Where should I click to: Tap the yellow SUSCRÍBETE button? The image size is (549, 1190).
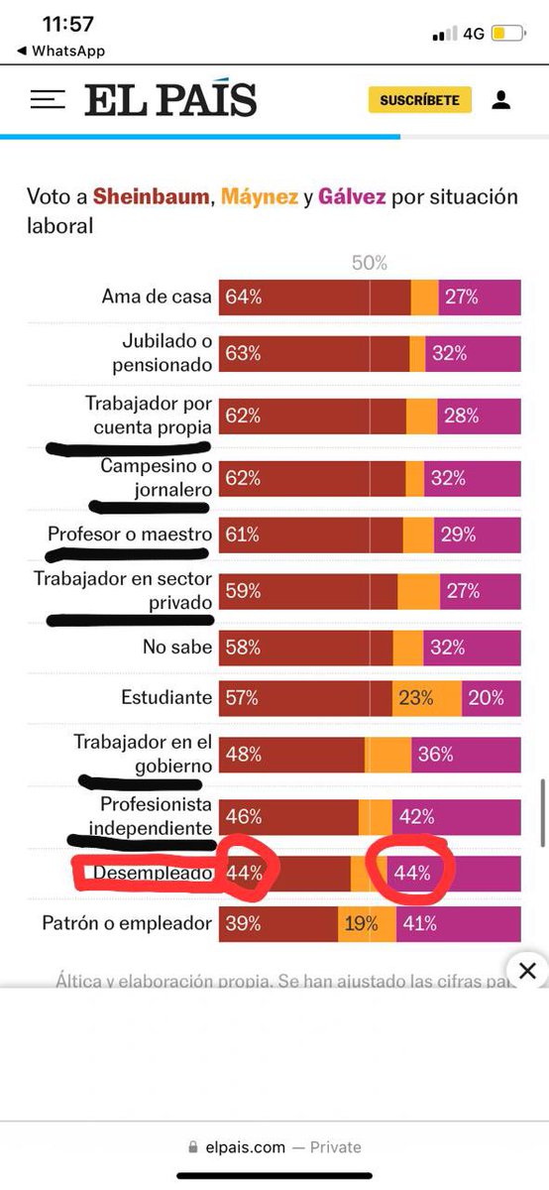tap(419, 100)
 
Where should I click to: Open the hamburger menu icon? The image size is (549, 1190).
tap(48, 100)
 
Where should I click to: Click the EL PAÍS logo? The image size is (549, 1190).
tap(170, 100)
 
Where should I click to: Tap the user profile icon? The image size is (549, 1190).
tap(500, 100)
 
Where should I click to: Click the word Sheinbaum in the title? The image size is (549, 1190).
tap(151, 196)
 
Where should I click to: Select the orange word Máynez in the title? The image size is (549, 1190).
tap(259, 196)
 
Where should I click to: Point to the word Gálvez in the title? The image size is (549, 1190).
tap(352, 196)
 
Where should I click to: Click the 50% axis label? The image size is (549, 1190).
tap(370, 263)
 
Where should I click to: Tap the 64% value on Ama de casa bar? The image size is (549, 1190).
tap(243, 297)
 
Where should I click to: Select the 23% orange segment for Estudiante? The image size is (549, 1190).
tap(416, 697)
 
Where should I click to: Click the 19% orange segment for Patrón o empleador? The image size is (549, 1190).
tap(361, 923)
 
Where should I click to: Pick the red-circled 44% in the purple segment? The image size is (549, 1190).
tap(412, 874)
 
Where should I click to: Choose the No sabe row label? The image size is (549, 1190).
tap(177, 648)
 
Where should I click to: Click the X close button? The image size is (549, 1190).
tap(528, 969)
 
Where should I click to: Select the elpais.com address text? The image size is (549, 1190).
tap(245, 1147)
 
